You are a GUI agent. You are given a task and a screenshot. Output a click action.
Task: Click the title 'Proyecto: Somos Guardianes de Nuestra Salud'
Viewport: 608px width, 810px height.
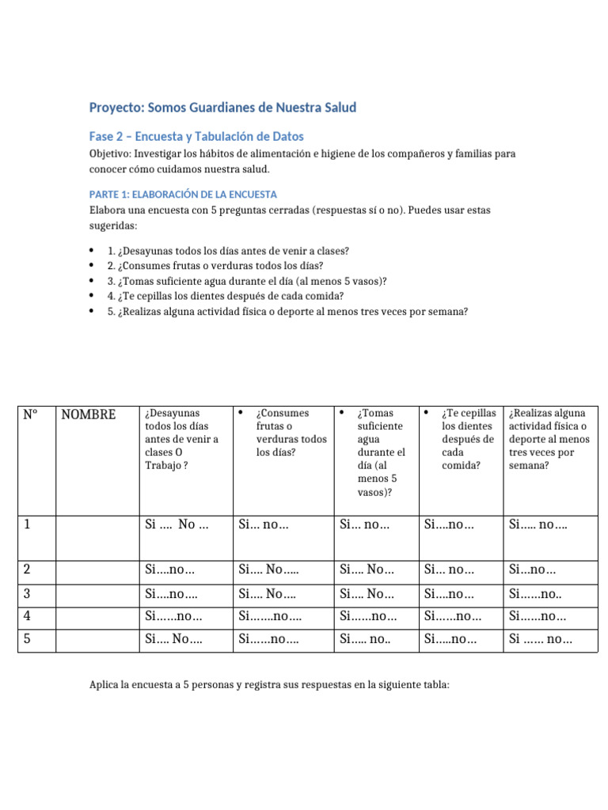coord(222,107)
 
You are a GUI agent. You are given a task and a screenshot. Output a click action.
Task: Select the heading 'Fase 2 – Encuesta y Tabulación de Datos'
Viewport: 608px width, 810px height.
coord(196,136)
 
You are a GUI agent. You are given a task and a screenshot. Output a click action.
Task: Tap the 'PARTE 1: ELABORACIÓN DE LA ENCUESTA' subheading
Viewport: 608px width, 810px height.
coord(183,194)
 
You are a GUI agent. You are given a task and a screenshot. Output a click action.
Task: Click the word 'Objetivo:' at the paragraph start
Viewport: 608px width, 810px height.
coord(110,153)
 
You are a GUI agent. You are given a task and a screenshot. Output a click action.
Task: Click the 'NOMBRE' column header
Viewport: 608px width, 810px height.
coord(88,414)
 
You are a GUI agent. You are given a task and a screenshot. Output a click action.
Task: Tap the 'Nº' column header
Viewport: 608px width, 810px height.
coord(31,414)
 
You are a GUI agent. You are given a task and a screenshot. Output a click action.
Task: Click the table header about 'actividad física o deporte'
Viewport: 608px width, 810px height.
coord(549,439)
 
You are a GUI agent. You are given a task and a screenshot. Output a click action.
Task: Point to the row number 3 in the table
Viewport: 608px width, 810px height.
coord(28,593)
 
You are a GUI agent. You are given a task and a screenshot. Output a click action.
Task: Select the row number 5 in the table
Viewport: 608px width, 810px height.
coord(28,639)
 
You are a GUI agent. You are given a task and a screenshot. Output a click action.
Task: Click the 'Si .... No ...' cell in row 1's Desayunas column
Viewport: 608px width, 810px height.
coord(177,524)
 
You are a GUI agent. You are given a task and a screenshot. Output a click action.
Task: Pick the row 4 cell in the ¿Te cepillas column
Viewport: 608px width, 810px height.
coord(449,616)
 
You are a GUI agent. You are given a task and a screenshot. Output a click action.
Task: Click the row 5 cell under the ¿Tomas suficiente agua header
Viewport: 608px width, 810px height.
coord(365,639)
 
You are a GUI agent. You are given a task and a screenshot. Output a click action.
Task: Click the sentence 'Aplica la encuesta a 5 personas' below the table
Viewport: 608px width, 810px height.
coord(269,685)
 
